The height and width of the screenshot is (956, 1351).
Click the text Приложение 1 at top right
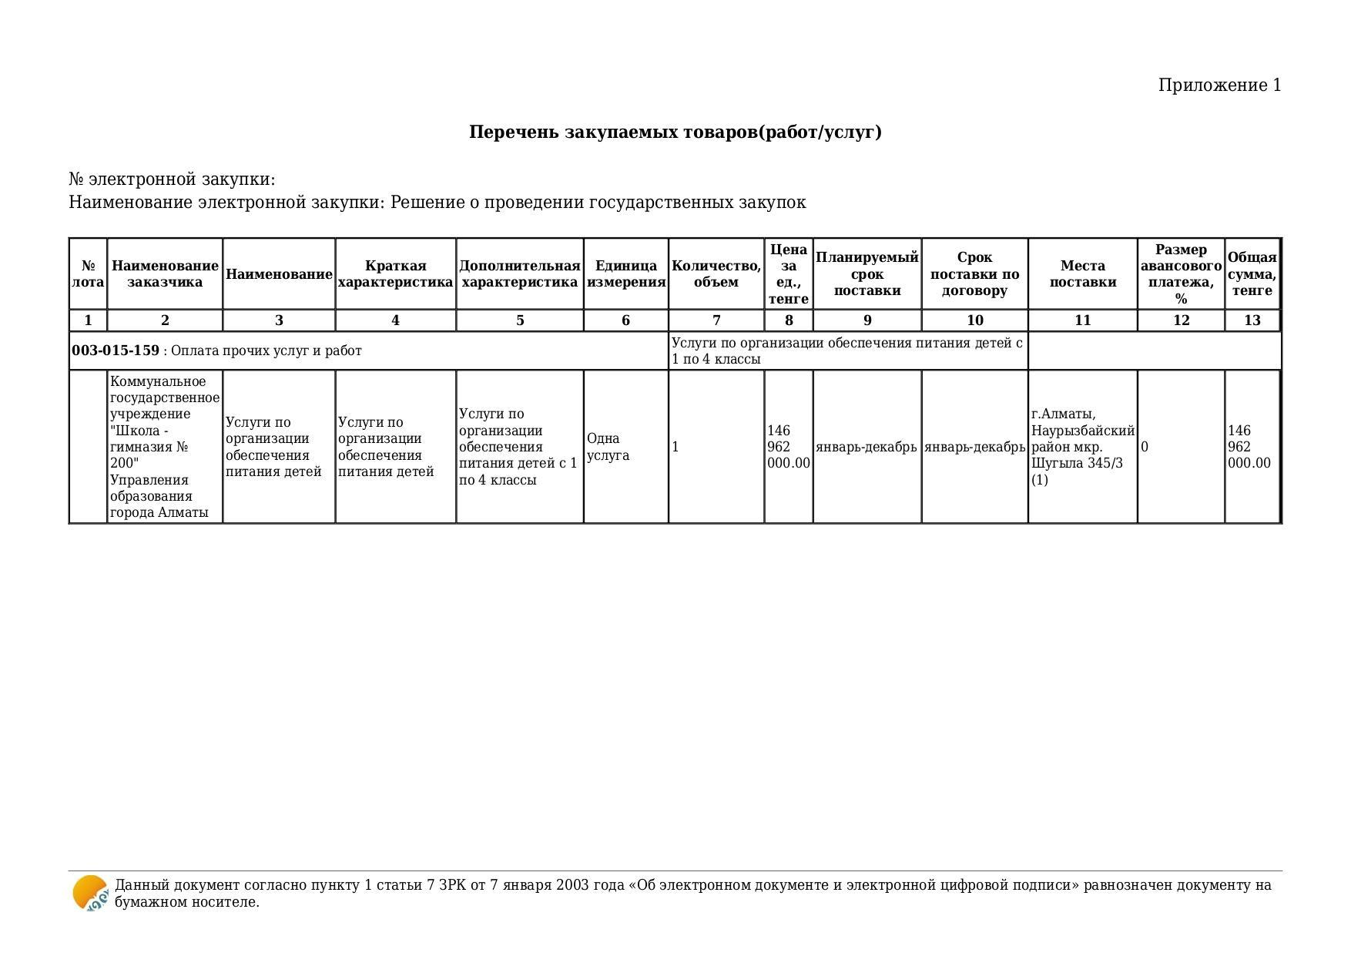pyautogui.click(x=1219, y=86)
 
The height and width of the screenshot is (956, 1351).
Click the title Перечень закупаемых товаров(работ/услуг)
pyautogui.click(x=675, y=132)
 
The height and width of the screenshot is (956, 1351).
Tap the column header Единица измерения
pyautogui.click(x=625, y=274)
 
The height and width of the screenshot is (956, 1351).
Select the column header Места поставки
pyautogui.click(x=1082, y=274)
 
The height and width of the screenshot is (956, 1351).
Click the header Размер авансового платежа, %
pyautogui.click(x=1181, y=274)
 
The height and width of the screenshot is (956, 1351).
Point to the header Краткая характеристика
pyautogui.click(x=395, y=274)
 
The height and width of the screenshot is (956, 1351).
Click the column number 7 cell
pyautogui.click(x=716, y=320)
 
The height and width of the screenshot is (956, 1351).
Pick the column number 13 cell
pyautogui.click(x=1252, y=320)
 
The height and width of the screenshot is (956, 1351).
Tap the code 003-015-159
pyautogui.click(x=116, y=351)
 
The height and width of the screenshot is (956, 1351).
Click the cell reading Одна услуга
pyautogui.click(x=608, y=447)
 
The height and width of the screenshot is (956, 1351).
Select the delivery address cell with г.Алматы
pyautogui.click(x=1082, y=447)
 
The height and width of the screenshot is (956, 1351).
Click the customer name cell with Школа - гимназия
pyautogui.click(x=164, y=447)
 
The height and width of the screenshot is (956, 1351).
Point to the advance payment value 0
pyautogui.click(x=1145, y=447)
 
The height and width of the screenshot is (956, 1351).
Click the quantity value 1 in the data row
pyautogui.click(x=675, y=447)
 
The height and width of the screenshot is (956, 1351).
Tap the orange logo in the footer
pyautogui.click(x=90, y=894)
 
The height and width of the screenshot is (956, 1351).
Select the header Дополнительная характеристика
pyautogui.click(x=519, y=274)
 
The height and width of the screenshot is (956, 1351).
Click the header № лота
pyautogui.click(x=88, y=274)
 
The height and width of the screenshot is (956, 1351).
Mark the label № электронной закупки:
pyautogui.click(x=172, y=179)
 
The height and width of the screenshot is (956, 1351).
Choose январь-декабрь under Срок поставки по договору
pyautogui.click(x=974, y=447)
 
